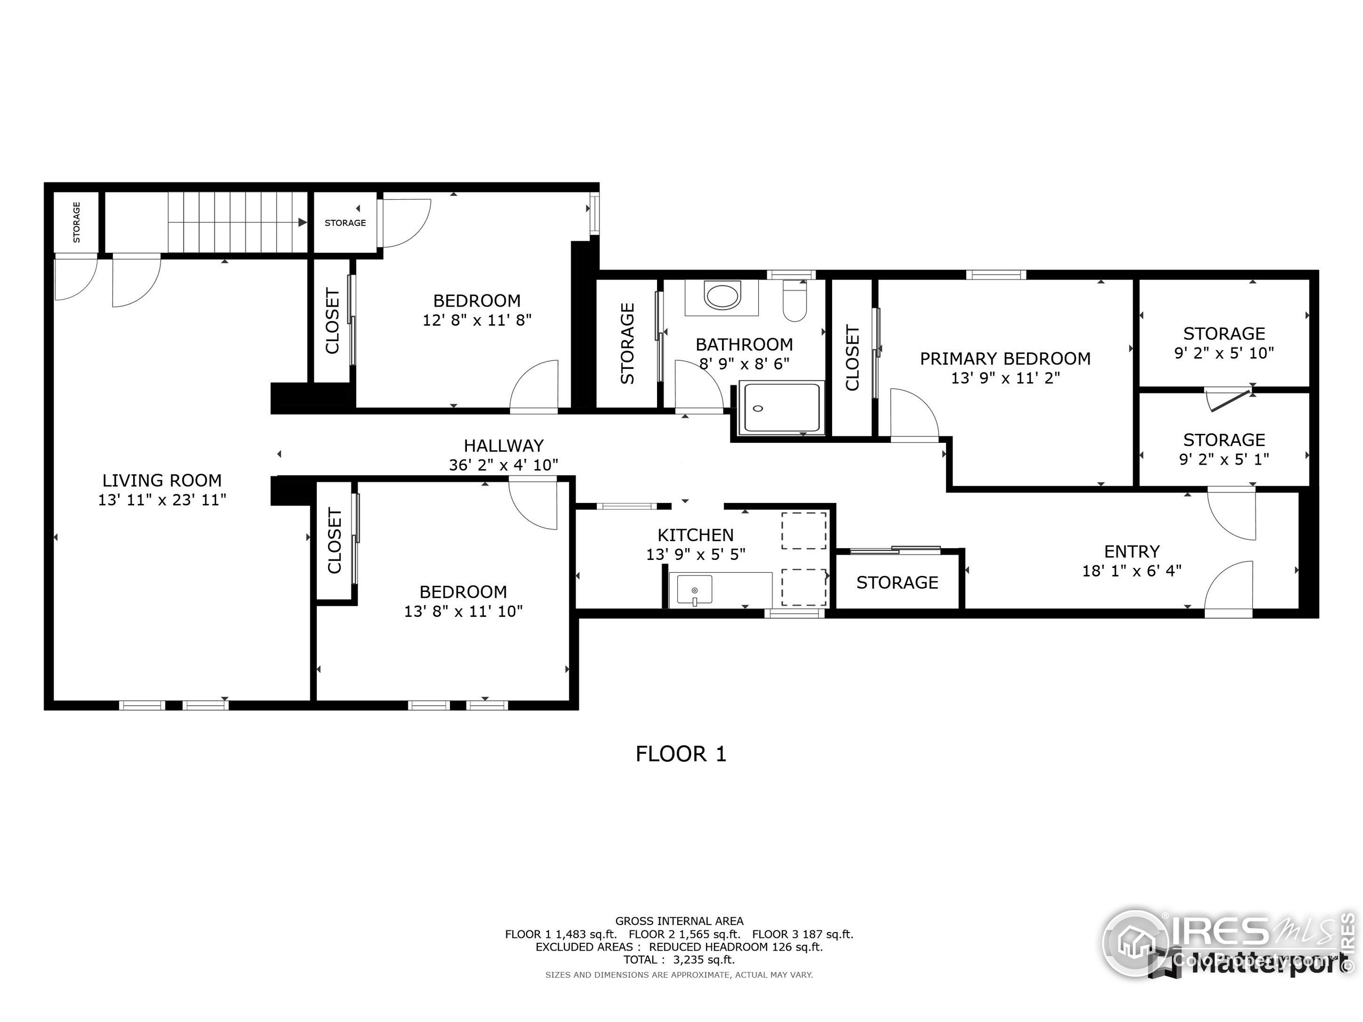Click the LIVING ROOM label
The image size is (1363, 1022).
click(162, 480)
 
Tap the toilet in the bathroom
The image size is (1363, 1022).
click(795, 301)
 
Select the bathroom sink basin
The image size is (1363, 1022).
click(722, 296)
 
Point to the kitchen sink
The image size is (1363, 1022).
click(694, 590)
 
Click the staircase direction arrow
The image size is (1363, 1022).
click(302, 222)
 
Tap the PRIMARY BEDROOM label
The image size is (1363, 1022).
click(1005, 359)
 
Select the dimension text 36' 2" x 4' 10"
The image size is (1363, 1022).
click(504, 465)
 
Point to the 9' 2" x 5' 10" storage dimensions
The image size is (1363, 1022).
click(1224, 353)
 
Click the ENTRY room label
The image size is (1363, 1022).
click(1131, 551)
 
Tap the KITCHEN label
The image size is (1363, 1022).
click(695, 535)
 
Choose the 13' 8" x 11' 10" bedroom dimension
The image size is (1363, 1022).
click(463, 611)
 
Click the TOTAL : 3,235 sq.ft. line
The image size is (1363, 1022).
click(679, 959)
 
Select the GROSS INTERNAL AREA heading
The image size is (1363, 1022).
click(679, 921)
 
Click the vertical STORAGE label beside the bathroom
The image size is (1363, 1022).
click(627, 343)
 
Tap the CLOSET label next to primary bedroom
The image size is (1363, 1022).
click(852, 358)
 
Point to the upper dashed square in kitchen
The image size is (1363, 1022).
click(803, 530)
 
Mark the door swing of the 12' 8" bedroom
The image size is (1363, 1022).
click(535, 385)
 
